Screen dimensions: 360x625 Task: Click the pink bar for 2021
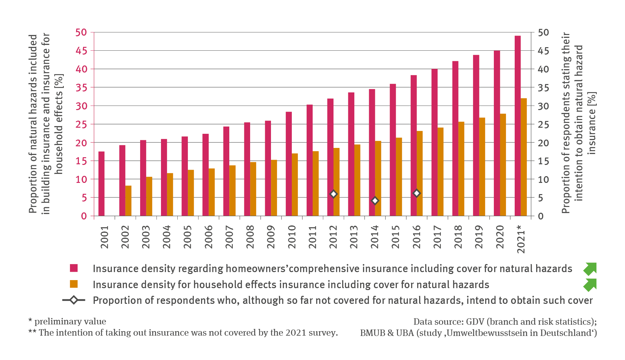[x=518, y=125]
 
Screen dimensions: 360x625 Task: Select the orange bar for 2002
[x=128, y=201]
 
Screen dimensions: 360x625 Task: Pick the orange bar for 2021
[x=524, y=157]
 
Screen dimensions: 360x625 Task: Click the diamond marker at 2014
[x=375, y=201]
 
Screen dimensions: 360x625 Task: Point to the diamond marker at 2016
[x=416, y=193]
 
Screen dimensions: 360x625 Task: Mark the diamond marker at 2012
[x=333, y=194]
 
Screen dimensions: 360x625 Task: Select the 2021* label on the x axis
[x=521, y=239]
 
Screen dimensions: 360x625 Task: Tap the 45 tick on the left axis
[x=81, y=51]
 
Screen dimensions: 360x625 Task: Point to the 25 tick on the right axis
[x=543, y=124]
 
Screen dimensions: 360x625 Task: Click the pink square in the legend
[x=74, y=268]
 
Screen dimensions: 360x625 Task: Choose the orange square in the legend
[x=74, y=284]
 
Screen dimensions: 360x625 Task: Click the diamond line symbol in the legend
[x=74, y=300]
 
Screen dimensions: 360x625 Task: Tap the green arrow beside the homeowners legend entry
[x=590, y=269]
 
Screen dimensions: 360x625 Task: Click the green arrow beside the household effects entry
[x=590, y=285]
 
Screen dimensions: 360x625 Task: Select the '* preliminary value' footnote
[x=67, y=321]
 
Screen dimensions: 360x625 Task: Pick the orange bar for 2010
[x=295, y=184]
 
